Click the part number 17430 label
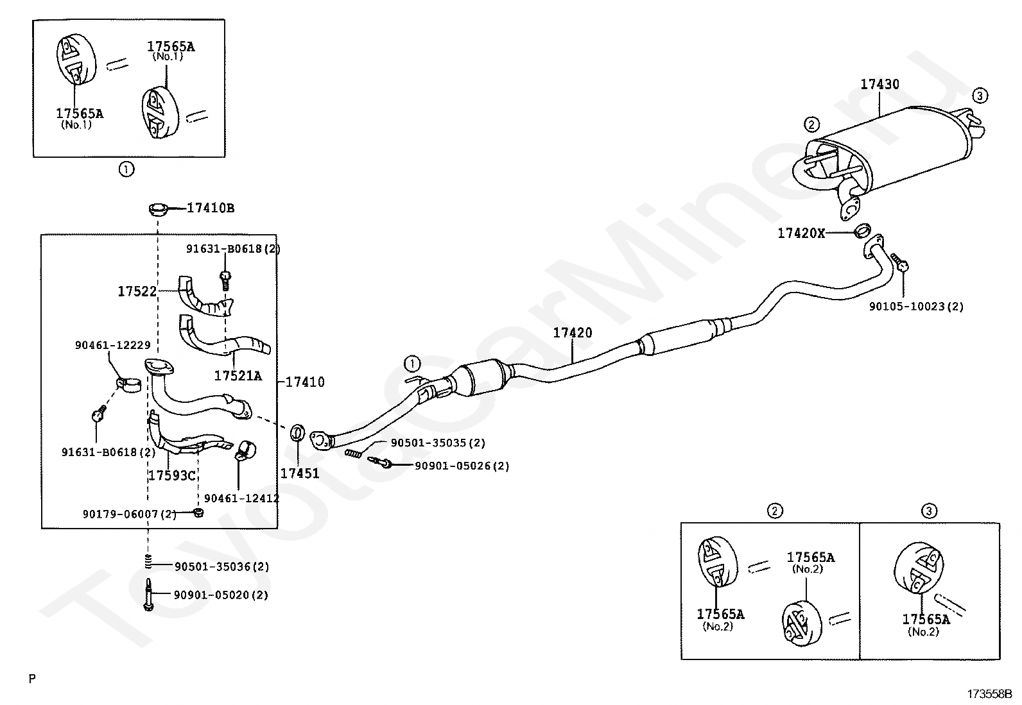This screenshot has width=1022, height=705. click(879, 85)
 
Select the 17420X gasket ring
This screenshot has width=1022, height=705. click(862, 231)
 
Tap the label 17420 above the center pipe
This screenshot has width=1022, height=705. click(573, 333)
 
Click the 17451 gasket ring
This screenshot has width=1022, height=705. click(297, 432)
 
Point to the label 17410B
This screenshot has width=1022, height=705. click(211, 208)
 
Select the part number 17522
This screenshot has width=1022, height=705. click(137, 291)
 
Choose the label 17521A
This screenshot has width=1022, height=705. click(238, 376)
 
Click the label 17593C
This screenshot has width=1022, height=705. click(172, 475)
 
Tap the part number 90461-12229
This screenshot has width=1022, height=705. click(113, 345)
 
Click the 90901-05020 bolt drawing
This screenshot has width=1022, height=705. click(148, 594)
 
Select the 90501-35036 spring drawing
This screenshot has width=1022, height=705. click(148, 561)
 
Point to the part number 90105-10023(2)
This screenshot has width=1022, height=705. click(916, 307)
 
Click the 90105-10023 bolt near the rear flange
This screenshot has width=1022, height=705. click(898, 263)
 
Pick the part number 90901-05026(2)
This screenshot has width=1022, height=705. click(462, 466)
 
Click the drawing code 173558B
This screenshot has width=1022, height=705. click(989, 694)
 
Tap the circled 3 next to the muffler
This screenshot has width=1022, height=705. click(980, 96)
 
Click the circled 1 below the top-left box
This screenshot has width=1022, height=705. click(126, 169)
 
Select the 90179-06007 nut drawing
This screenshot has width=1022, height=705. click(198, 513)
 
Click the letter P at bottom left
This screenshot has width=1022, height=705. click(32, 679)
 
